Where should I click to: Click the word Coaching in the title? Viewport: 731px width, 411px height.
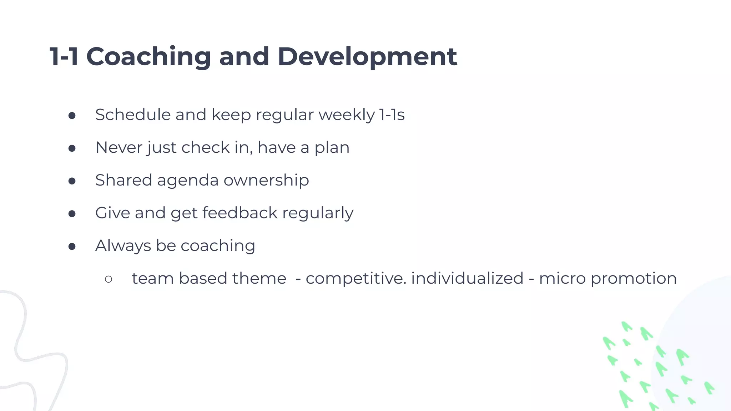point(148,57)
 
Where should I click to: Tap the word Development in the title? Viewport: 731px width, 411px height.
point(367,57)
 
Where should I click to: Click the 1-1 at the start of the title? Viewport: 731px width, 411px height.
point(64,57)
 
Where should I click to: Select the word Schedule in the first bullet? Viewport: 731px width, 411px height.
point(133,115)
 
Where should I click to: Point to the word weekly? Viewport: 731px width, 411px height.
point(347,115)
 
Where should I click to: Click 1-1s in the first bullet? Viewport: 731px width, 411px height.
point(392,115)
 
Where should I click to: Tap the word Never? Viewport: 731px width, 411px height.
point(119,148)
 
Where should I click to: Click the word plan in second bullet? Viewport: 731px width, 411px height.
point(332,148)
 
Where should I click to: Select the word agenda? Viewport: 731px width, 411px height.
point(188,181)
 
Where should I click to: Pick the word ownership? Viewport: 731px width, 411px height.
point(266,181)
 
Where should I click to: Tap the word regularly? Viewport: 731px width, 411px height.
point(318,213)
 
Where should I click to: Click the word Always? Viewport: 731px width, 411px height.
point(123,246)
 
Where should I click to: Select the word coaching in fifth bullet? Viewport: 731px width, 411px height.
point(218,246)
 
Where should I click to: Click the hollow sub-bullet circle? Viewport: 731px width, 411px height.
point(109,279)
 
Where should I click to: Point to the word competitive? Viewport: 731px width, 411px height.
point(356,278)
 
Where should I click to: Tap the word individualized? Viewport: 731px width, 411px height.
point(467,278)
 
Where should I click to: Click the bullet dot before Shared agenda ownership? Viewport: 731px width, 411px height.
point(72,181)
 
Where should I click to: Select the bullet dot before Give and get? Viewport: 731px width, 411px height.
point(72,214)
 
